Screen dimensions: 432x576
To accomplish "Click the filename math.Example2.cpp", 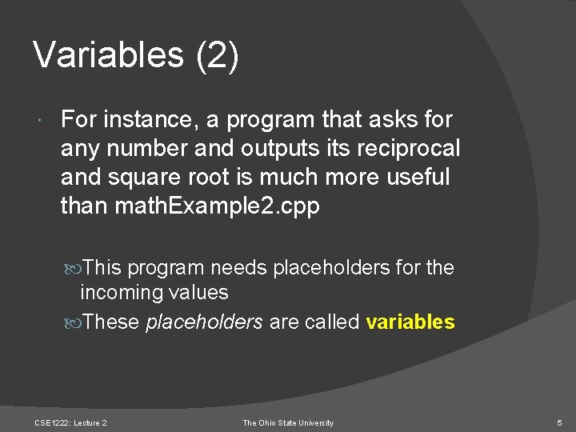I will [x=218, y=206].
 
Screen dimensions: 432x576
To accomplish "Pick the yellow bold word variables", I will [x=410, y=322].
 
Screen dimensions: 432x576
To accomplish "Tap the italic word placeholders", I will [x=204, y=322].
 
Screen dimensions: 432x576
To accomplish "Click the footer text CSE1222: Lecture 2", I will [x=71, y=422].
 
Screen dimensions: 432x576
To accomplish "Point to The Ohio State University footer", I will [x=288, y=422].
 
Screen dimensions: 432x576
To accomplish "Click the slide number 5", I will [x=558, y=422].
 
